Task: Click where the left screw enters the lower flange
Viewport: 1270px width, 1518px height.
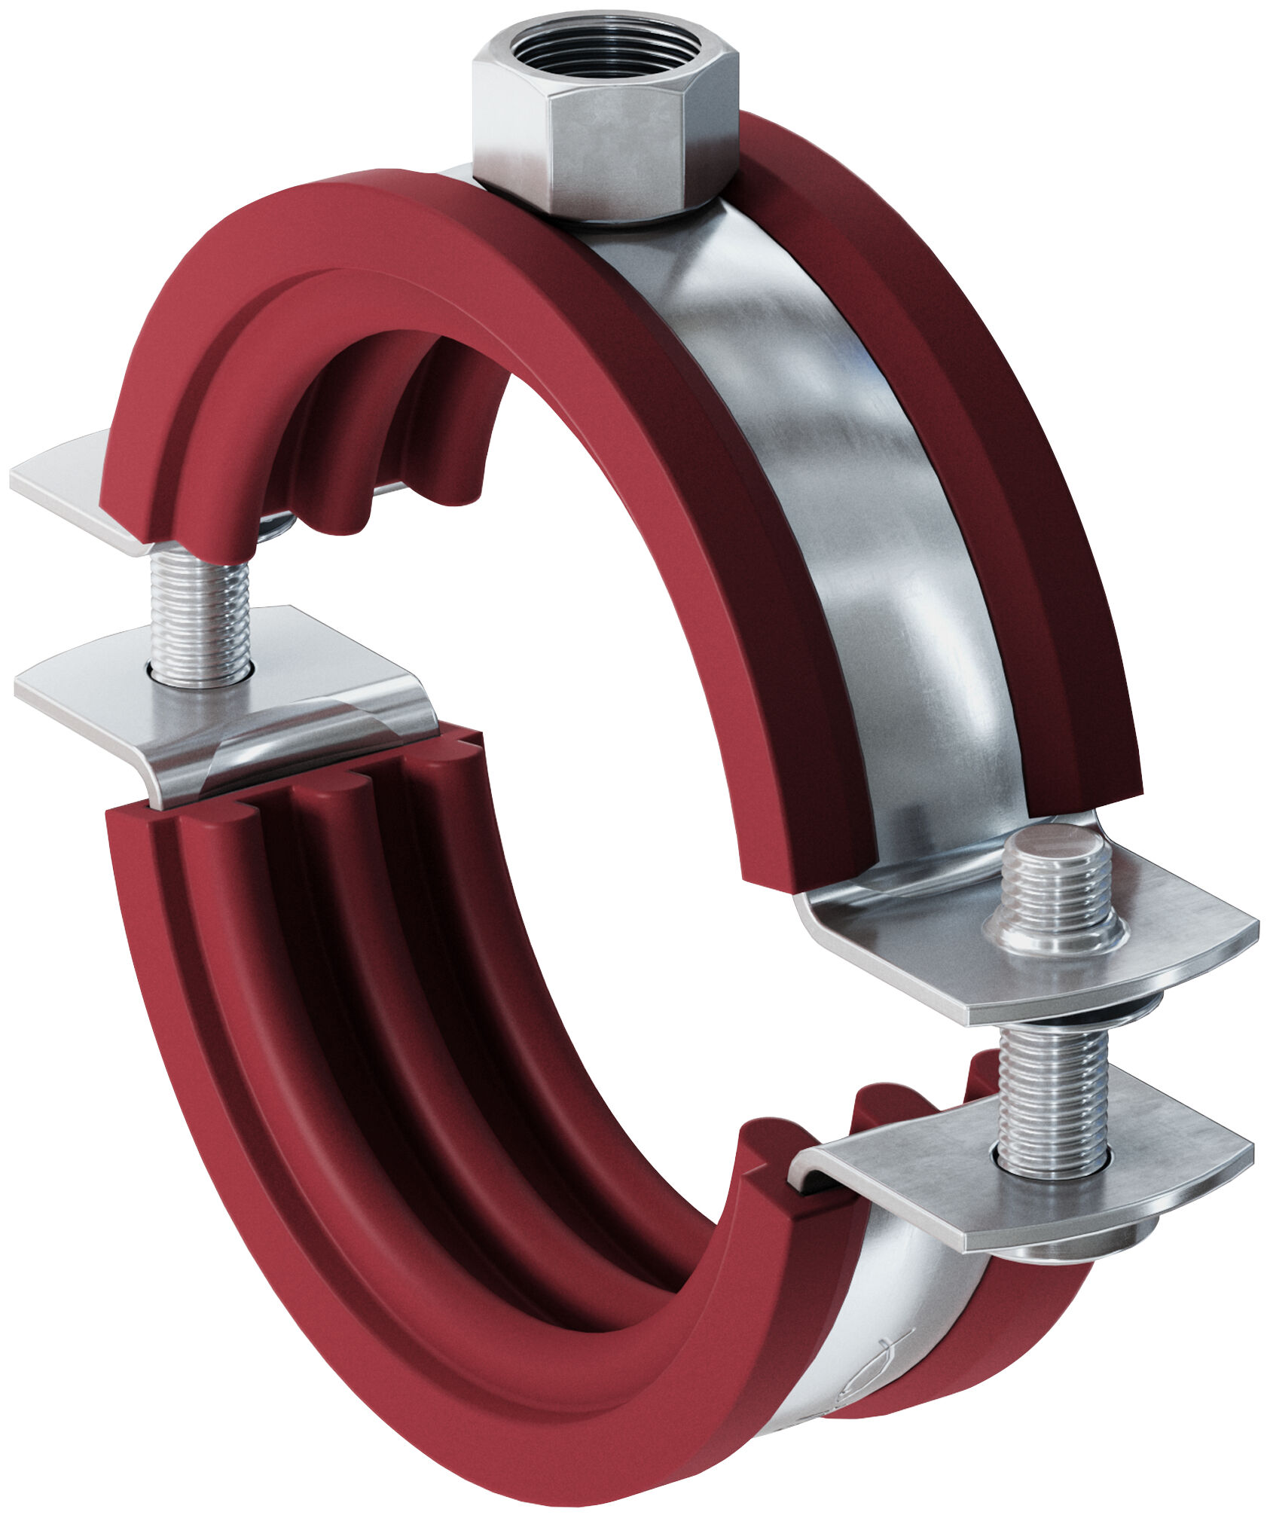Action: pyautogui.click(x=200, y=670)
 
